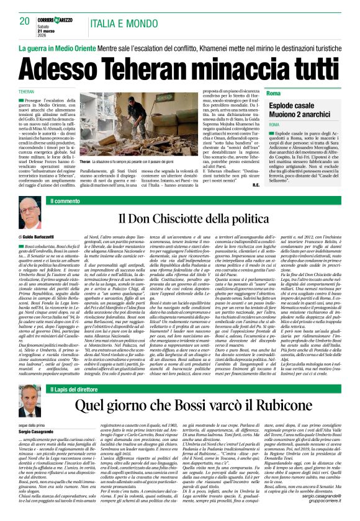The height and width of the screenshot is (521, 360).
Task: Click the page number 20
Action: coord(25,21)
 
